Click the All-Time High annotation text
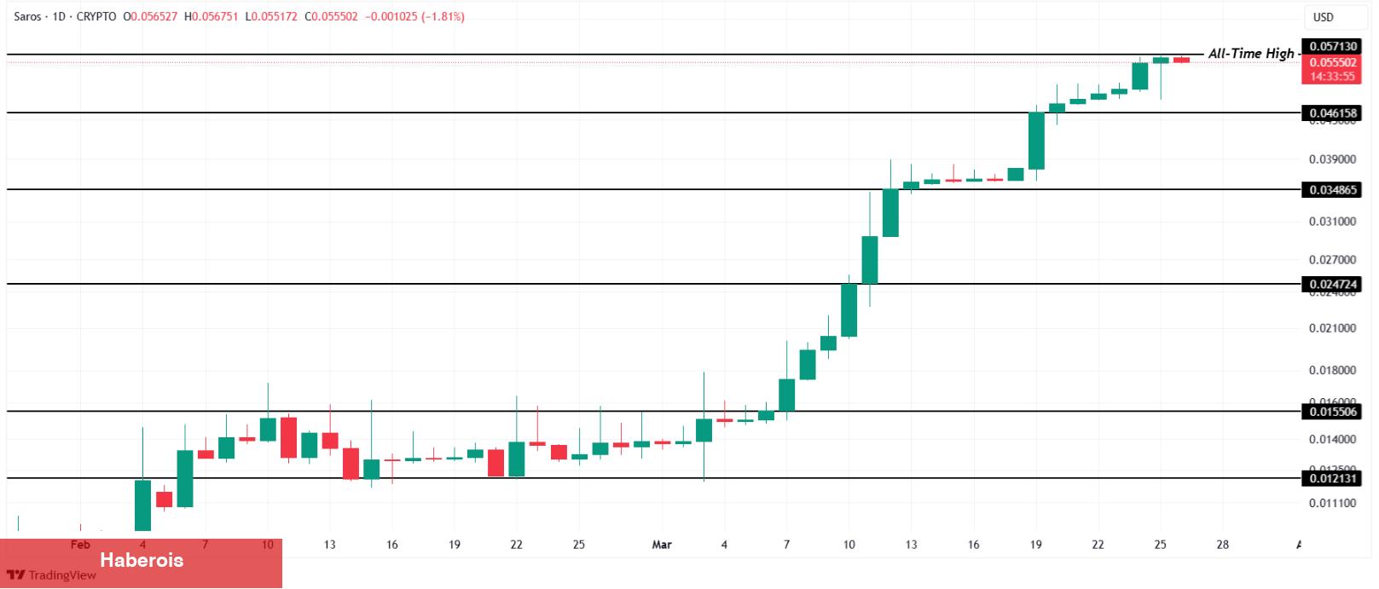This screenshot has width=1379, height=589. pyautogui.click(x=1250, y=54)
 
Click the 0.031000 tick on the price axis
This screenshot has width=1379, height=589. pyautogui.click(x=1332, y=222)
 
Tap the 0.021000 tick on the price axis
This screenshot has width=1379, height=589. pyautogui.click(x=1332, y=328)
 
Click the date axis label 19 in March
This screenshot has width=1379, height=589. pyautogui.click(x=1035, y=545)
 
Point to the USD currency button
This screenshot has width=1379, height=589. pyautogui.click(x=1323, y=17)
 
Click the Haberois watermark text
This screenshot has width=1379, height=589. pyautogui.click(x=142, y=560)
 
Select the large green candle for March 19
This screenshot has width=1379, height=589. pyautogui.click(x=1036, y=141)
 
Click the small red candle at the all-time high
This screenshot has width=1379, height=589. pyautogui.click(x=1181, y=60)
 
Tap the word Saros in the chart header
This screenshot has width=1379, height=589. pyautogui.click(x=27, y=16)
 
